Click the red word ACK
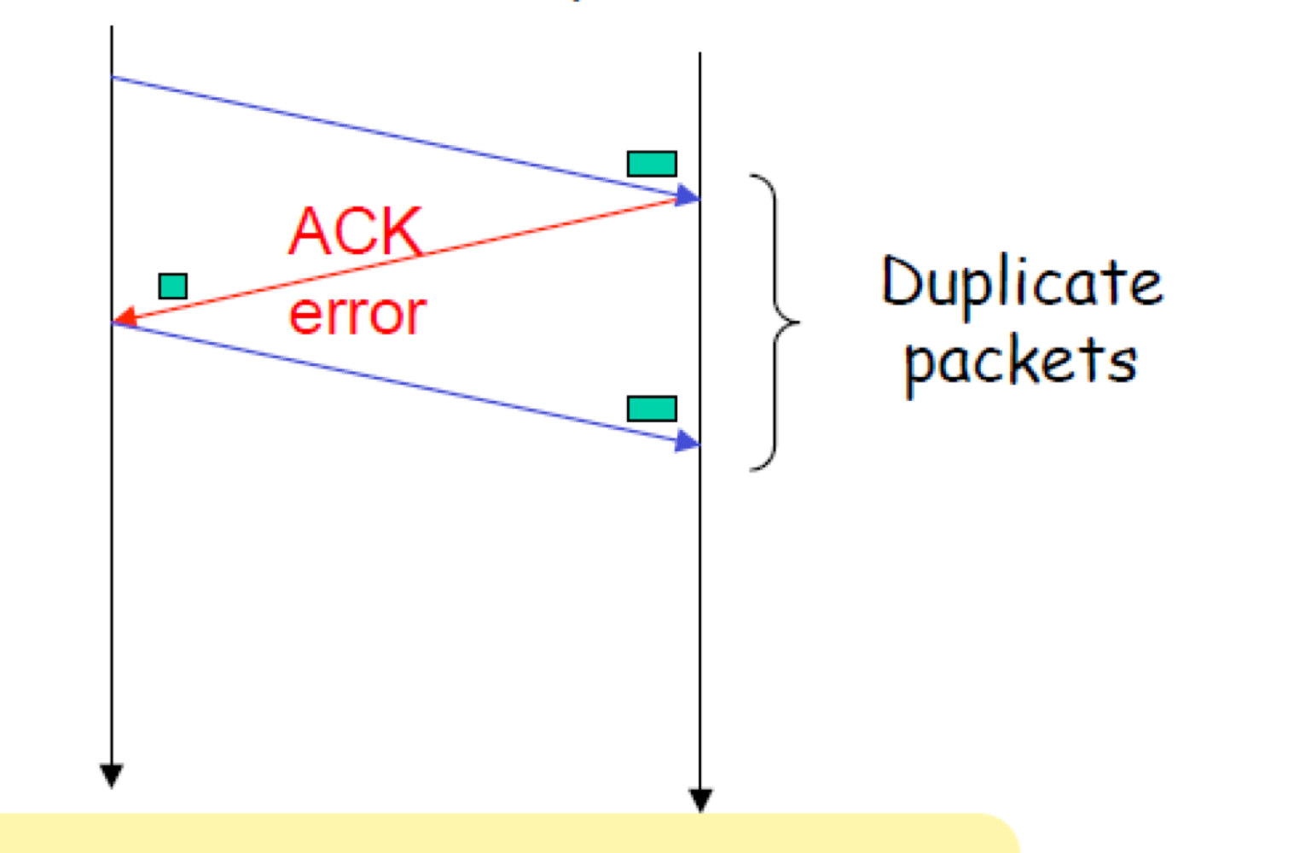[x=355, y=231]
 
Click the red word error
[x=357, y=315]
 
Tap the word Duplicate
[x=1021, y=283]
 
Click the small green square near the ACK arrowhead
[x=173, y=286]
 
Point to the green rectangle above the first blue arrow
[x=652, y=164]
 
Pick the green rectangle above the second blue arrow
[x=652, y=409]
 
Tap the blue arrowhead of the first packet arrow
[x=687, y=196]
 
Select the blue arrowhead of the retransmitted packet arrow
[x=687, y=441]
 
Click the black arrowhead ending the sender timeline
[x=111, y=775]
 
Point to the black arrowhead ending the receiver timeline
[x=700, y=800]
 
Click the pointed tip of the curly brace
[x=798, y=323]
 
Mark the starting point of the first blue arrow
[x=113, y=78]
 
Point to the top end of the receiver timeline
[x=700, y=55]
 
